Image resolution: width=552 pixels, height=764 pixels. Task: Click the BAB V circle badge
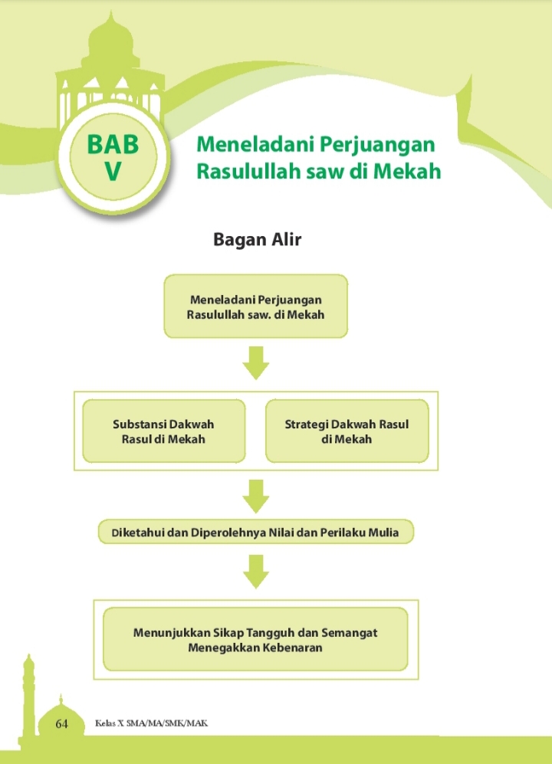pyautogui.click(x=113, y=157)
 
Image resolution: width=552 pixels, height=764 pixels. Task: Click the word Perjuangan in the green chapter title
pyautogui.click(x=377, y=145)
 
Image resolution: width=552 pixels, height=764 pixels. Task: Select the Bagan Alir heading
pyautogui.click(x=257, y=239)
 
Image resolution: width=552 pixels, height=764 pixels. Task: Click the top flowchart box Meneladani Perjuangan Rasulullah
pyautogui.click(x=255, y=306)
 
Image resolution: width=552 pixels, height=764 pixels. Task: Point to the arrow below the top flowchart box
pyautogui.click(x=255, y=363)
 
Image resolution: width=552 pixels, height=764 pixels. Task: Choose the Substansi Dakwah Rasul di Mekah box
pyautogui.click(x=163, y=431)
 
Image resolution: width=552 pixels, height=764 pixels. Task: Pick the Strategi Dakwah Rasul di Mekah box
pyautogui.click(x=347, y=431)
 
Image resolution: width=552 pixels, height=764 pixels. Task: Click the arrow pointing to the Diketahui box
pyautogui.click(x=255, y=496)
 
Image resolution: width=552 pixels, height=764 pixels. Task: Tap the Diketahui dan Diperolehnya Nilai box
pyautogui.click(x=255, y=532)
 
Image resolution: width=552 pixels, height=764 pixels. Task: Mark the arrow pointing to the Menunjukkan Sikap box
pyautogui.click(x=255, y=572)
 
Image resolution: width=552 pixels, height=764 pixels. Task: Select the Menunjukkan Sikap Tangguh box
pyautogui.click(x=255, y=639)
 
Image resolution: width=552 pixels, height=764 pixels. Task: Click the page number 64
pyautogui.click(x=61, y=723)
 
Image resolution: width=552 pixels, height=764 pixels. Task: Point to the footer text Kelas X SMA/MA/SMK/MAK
pyautogui.click(x=151, y=723)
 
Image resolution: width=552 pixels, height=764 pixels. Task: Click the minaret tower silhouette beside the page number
pyautogui.click(x=29, y=699)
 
